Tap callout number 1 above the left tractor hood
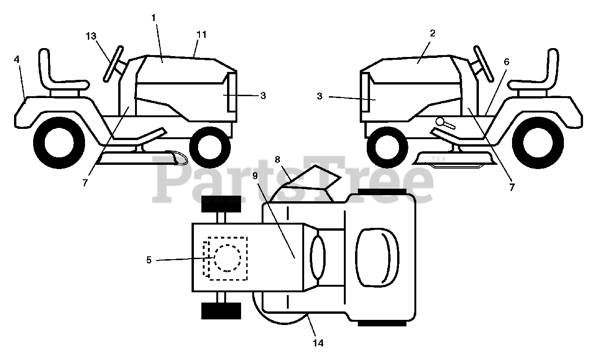click(154, 17)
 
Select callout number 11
click(201, 35)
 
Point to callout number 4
click(17, 60)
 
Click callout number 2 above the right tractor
click(433, 33)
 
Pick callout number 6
click(506, 61)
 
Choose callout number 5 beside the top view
click(149, 260)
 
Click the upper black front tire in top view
click(221, 204)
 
